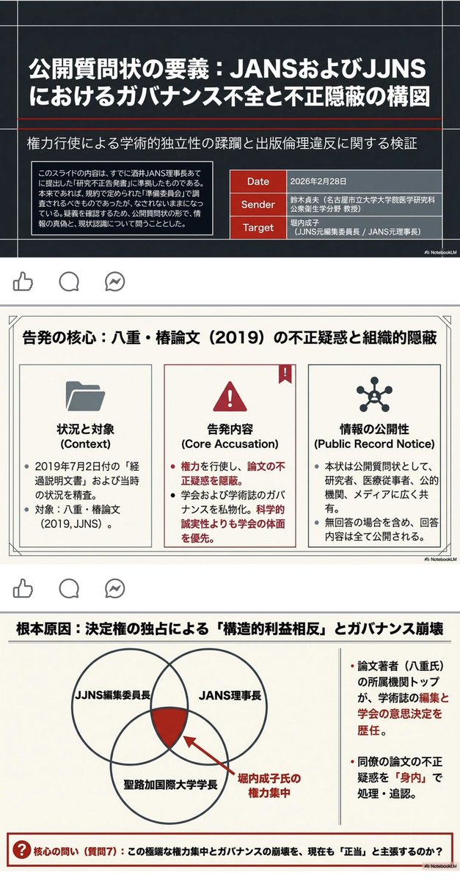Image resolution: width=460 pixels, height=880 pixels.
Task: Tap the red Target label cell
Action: [x=258, y=228]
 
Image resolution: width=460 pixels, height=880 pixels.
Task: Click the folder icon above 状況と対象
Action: [x=85, y=396]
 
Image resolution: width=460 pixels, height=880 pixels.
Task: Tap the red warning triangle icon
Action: [x=230, y=397]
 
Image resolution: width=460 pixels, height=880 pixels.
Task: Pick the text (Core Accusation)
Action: [x=230, y=444]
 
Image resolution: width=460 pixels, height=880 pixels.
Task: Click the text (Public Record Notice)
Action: [x=374, y=444]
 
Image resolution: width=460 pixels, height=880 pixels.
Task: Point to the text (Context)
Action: [x=85, y=444]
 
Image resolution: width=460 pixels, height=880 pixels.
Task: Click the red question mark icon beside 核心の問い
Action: [x=21, y=851]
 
